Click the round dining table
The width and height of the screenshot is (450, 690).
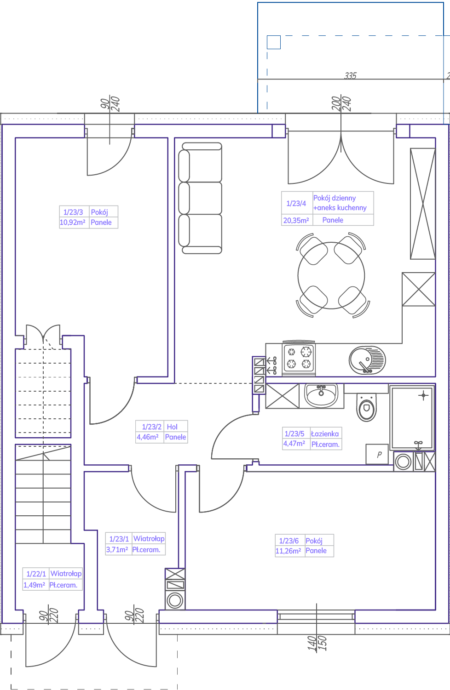(331, 275)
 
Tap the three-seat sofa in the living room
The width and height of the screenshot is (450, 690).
(200, 198)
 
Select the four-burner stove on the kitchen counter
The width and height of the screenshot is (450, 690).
(299, 358)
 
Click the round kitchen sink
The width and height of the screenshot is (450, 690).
(367, 360)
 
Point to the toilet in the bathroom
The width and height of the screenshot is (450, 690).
(366, 407)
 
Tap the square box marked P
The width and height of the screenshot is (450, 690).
(377, 454)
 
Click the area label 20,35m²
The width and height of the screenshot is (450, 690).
(296, 220)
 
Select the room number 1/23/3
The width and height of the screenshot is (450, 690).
(73, 212)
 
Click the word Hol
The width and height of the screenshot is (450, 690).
(172, 427)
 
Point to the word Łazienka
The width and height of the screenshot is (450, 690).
(325, 433)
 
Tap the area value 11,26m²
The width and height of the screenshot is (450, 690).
(288, 551)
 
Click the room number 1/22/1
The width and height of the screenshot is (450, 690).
(36, 574)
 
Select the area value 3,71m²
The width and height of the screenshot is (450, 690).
(117, 549)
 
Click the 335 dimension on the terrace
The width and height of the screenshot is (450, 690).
(351, 75)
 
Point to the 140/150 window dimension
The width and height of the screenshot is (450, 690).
(317, 643)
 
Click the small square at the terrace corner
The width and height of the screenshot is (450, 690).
(274, 42)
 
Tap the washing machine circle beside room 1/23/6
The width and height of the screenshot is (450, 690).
(175, 600)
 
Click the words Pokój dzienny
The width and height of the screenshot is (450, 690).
(335, 198)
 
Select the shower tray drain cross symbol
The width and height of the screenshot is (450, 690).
(423, 395)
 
